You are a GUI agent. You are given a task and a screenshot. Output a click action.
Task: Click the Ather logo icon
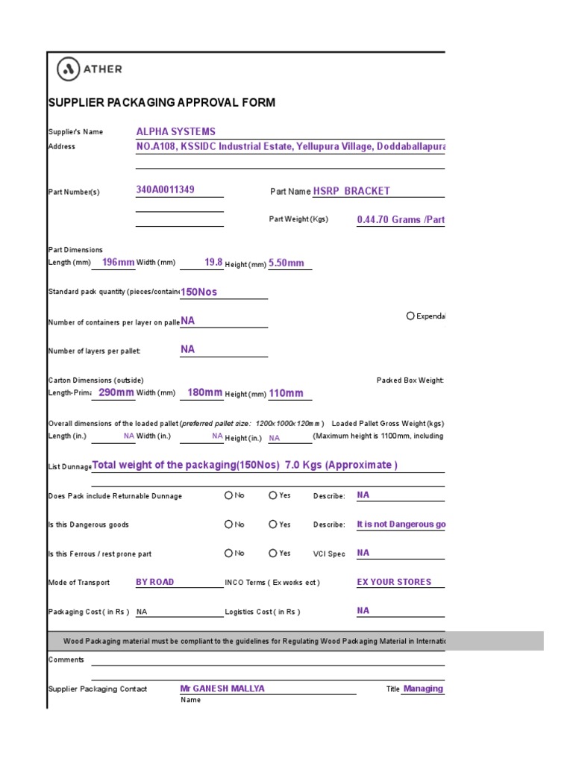[69, 69]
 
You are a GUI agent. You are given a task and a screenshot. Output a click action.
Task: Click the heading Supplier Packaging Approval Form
[161, 102]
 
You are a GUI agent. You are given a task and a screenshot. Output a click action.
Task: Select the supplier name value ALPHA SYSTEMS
[175, 131]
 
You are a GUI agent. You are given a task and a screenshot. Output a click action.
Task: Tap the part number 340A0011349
[165, 190]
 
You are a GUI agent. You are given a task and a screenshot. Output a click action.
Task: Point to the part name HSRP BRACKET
[351, 191]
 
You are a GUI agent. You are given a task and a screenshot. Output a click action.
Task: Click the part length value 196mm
[118, 263]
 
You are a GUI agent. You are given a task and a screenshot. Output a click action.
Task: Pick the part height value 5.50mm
[286, 263]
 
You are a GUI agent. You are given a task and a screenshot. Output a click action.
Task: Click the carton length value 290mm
[116, 392]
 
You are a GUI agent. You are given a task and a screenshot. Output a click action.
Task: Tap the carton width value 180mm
[204, 392]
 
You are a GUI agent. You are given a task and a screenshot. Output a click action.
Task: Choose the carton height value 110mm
[286, 393]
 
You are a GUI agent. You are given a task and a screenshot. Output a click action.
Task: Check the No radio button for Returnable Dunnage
[228, 495]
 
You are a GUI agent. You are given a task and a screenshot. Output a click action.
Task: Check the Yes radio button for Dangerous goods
[273, 525]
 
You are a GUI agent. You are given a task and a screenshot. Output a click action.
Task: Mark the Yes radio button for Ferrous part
[273, 554]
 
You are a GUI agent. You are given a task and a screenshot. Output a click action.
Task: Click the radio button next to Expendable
[410, 316]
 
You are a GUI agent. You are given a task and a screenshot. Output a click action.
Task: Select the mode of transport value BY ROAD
[154, 582]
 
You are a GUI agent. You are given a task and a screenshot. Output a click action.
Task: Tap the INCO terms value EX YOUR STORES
[394, 582]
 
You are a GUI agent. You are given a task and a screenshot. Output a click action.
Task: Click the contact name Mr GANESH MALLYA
[222, 689]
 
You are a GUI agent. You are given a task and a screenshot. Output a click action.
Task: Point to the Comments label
[66, 660]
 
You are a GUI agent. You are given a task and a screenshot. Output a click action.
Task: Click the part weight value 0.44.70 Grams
[401, 221]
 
